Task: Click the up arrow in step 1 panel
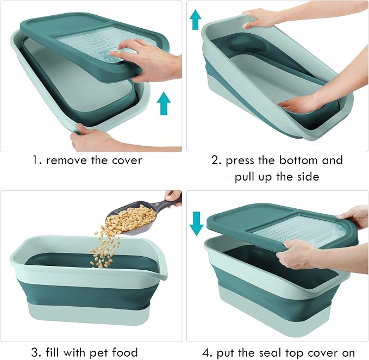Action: coord(164,103)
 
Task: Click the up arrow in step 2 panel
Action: coord(195,20)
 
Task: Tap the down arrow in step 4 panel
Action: coord(197,224)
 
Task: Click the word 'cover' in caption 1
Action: coord(127,160)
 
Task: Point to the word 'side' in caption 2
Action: coord(308,177)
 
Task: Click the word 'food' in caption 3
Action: coord(124,352)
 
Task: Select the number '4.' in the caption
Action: coord(208,353)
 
